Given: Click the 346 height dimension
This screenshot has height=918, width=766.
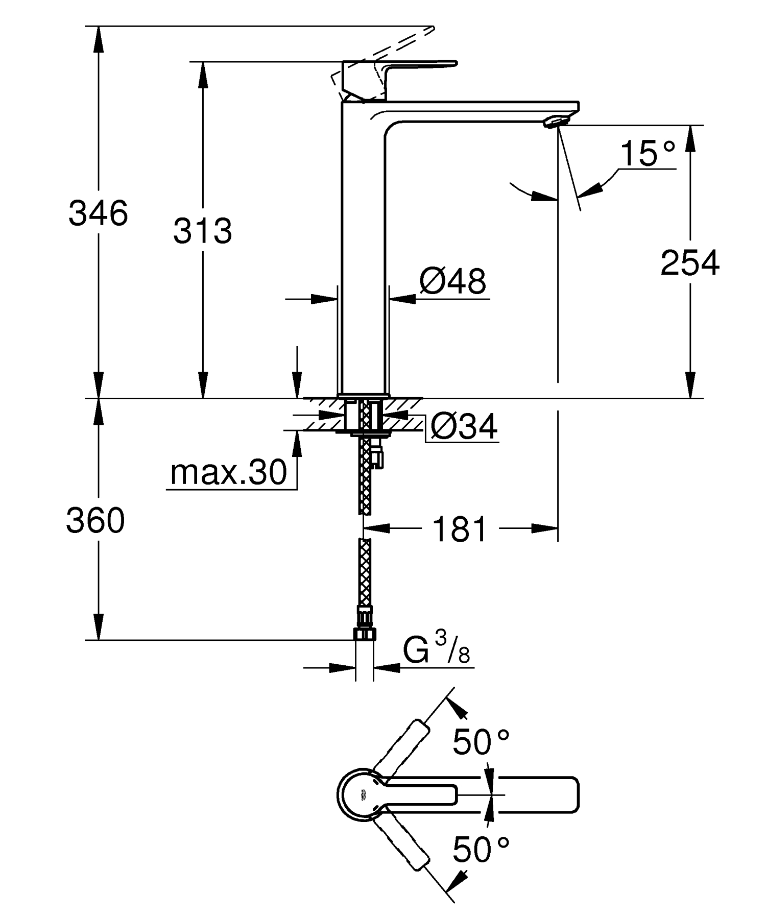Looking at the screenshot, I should [98, 213].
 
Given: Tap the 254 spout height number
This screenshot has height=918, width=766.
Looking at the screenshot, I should [689, 263].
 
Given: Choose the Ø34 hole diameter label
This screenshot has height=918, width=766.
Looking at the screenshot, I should [463, 427].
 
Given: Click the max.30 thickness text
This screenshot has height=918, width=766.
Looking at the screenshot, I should [229, 472].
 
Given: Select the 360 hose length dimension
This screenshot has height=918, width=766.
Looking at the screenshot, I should [95, 521].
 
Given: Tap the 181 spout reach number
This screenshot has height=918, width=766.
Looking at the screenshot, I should [460, 529].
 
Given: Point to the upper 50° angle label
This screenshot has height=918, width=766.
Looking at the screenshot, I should [481, 742].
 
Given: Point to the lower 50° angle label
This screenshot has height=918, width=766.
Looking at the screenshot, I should [481, 850].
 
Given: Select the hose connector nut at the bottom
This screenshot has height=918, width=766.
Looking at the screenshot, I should [364, 634].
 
